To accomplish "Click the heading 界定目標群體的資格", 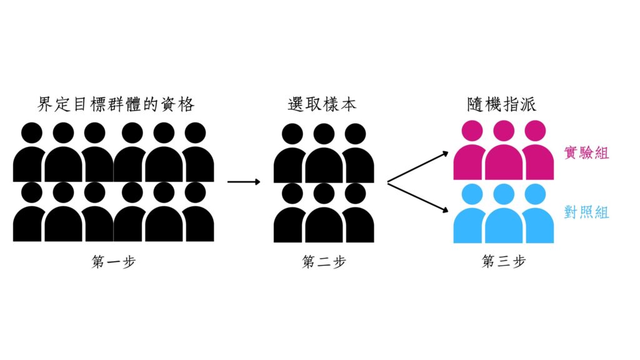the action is tap(116, 104).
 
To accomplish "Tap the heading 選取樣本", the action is tap(322, 104).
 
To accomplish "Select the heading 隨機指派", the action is tap(502, 104).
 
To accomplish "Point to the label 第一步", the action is tap(114, 262).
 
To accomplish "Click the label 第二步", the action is tap(324, 262).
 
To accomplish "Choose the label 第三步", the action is tap(504, 261).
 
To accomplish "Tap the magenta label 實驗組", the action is tap(586, 152).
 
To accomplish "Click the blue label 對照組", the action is tap(586, 212).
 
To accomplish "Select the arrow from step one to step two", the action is tap(244, 182).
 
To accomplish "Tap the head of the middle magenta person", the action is tap(504, 131).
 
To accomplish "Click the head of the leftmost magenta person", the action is tap(472, 131).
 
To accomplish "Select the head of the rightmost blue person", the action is tap(535, 194).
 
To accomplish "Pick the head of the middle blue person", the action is tap(504, 194).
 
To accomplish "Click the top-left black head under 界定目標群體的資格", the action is tap(32, 132).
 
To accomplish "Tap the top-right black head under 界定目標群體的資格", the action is tap(195, 132).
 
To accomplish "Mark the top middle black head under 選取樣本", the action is tap(324, 134).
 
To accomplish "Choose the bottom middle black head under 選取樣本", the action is tap(324, 194).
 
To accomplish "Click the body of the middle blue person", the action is tap(504, 226).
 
